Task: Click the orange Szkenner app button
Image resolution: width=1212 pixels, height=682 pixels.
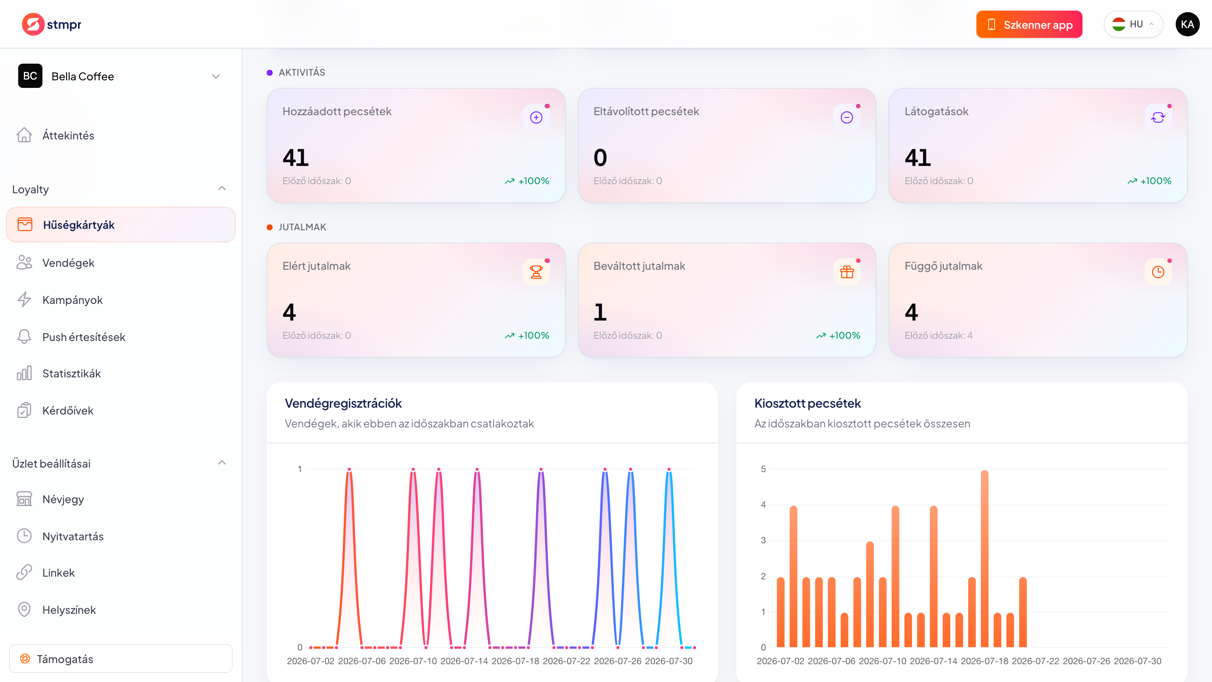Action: (x=1029, y=25)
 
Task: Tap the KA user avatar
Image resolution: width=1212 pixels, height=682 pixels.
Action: (x=1187, y=25)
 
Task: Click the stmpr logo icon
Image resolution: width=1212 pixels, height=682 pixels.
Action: (x=33, y=24)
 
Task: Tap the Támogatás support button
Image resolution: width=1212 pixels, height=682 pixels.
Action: (x=120, y=659)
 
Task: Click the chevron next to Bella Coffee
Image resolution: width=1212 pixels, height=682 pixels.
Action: (x=216, y=76)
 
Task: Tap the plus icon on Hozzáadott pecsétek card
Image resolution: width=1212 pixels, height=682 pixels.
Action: (x=536, y=117)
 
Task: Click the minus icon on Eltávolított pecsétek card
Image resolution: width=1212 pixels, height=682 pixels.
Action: (x=847, y=117)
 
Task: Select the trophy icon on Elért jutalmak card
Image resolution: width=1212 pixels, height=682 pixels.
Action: (x=536, y=272)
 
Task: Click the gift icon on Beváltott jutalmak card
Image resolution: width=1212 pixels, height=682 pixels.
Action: (x=847, y=272)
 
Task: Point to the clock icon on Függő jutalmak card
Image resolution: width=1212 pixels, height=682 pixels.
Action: (x=1158, y=272)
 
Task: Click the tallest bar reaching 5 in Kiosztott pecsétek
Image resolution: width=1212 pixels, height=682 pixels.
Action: (x=984, y=559)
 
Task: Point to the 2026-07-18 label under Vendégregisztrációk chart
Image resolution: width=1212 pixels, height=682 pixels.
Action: (x=515, y=661)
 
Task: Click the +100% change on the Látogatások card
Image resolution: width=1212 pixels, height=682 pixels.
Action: (x=1156, y=181)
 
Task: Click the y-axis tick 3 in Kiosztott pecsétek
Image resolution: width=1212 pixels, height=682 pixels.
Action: (x=763, y=540)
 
